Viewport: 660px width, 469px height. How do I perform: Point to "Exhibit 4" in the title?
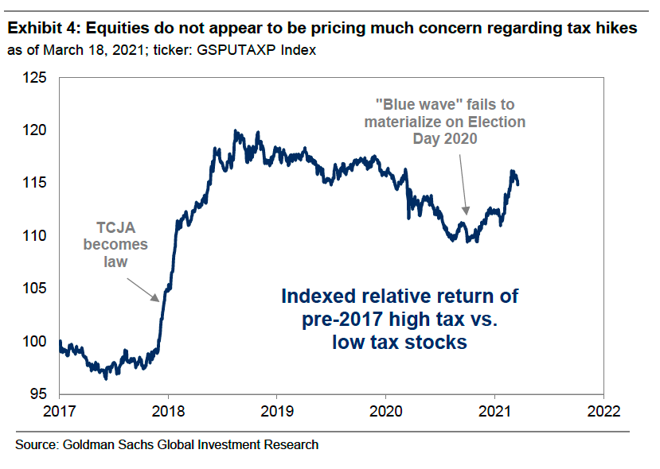click(x=41, y=29)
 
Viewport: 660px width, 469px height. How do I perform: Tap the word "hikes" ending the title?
click(x=616, y=29)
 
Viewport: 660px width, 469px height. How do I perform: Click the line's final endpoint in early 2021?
click(x=518, y=184)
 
